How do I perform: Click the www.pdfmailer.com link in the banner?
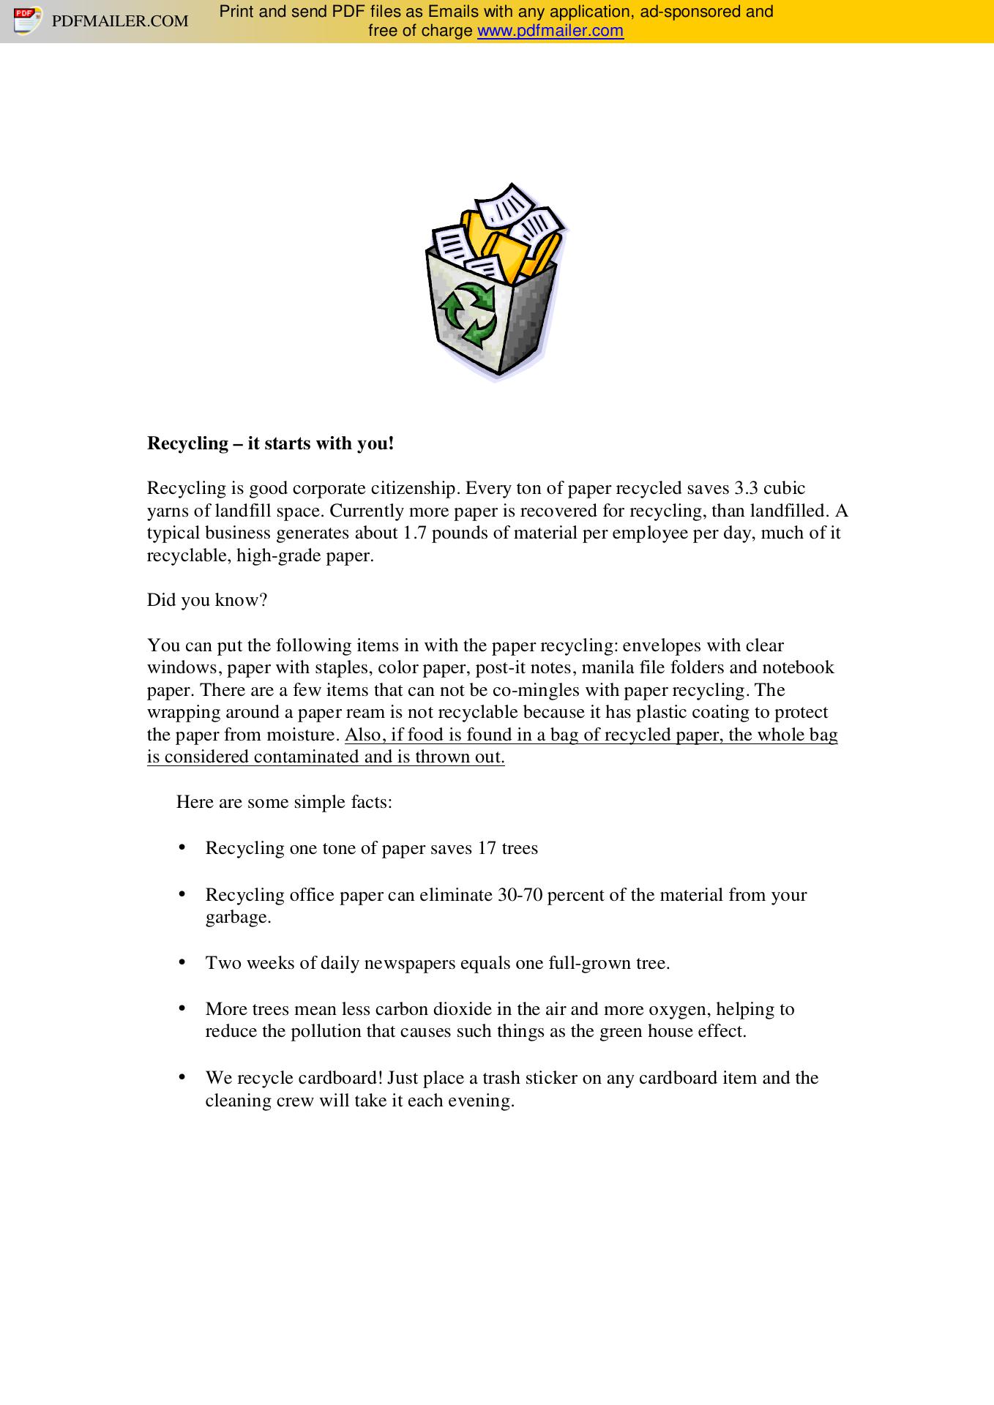(550, 31)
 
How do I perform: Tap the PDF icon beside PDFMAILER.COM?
(26, 20)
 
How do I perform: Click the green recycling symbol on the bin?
(467, 315)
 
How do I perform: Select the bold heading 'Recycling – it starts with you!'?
(270, 443)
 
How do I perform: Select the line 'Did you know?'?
(207, 600)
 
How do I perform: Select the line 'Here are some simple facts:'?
(284, 802)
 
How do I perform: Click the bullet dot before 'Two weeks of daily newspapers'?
(182, 962)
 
